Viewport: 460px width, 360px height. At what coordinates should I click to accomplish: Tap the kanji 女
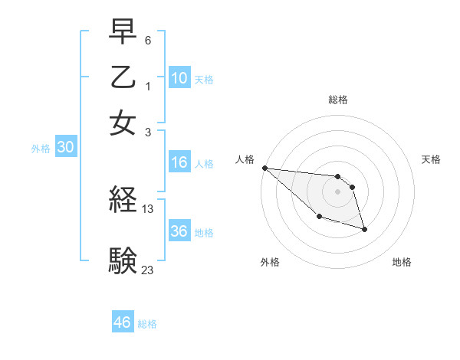tap(123, 123)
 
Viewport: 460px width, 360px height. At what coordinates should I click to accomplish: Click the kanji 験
tap(123, 260)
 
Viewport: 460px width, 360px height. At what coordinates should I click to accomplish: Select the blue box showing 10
tap(179, 78)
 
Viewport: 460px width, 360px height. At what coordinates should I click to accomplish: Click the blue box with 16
tap(179, 162)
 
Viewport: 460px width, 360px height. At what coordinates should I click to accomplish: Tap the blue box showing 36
tap(179, 231)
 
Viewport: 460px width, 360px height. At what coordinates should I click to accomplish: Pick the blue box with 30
tap(65, 149)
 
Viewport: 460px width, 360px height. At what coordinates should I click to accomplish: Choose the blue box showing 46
tap(123, 322)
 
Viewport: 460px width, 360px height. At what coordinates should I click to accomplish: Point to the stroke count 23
tap(148, 269)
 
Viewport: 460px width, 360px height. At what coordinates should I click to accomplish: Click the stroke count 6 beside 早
tap(148, 39)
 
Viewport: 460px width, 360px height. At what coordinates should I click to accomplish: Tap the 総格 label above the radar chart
tap(337, 100)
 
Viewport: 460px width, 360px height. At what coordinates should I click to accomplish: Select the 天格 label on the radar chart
tap(431, 159)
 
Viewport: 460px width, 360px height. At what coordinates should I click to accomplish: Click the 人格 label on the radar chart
tap(245, 159)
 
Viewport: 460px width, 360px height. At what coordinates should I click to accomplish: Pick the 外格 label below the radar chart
tap(269, 262)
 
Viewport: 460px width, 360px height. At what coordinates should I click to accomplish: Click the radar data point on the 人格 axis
tap(264, 168)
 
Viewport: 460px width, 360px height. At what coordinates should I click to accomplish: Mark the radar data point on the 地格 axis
tap(364, 228)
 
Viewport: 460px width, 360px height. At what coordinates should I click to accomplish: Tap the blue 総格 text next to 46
tap(148, 324)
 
